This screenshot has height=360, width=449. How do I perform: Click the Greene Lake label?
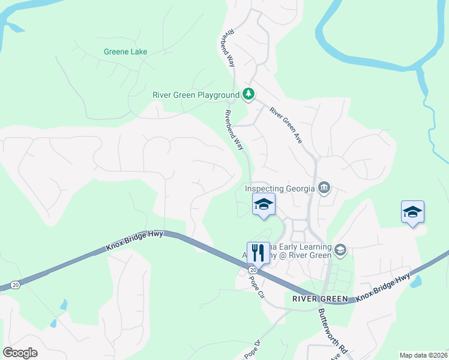(x=125, y=52)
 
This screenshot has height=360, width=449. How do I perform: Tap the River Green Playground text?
(x=196, y=95)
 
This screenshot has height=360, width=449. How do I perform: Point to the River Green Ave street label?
(x=285, y=125)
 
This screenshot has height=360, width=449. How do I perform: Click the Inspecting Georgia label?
(x=280, y=188)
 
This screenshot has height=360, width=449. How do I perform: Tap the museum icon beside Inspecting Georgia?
(x=324, y=188)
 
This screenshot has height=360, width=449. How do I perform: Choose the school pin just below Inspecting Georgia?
(x=263, y=205)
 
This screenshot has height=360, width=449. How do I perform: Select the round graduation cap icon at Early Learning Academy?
(x=340, y=249)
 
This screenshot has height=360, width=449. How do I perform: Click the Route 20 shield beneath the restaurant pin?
(x=253, y=270)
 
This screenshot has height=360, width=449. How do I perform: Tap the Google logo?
(x=20, y=353)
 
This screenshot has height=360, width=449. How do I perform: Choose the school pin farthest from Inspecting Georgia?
(x=412, y=212)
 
